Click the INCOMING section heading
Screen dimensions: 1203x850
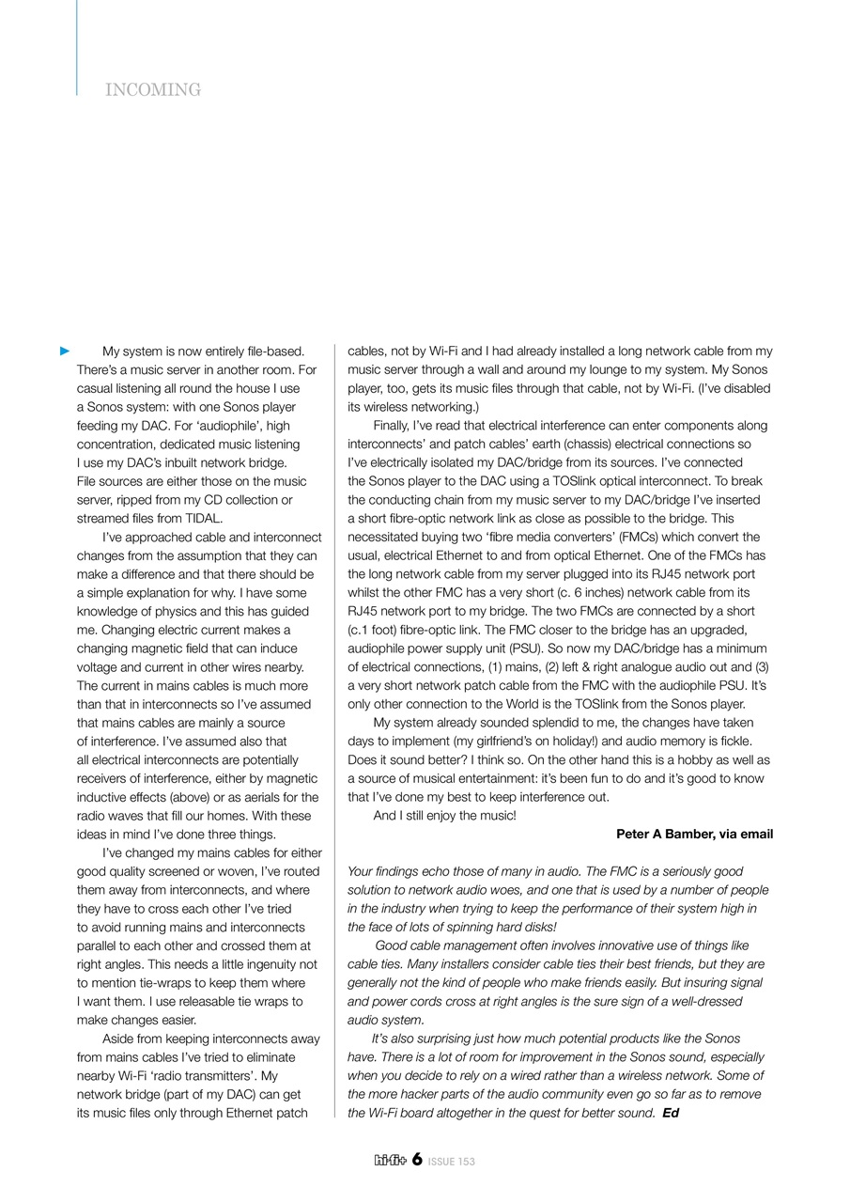(x=153, y=90)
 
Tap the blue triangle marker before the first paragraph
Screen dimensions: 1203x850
(x=65, y=352)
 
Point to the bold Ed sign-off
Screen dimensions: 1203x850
(x=671, y=1114)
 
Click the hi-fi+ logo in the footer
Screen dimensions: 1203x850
(x=389, y=1161)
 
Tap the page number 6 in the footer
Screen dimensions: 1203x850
(x=416, y=1160)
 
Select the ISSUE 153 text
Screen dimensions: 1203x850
(x=452, y=1162)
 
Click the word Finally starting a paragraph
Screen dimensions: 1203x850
(x=394, y=426)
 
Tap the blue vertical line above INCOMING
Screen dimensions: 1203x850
(x=77, y=47)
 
